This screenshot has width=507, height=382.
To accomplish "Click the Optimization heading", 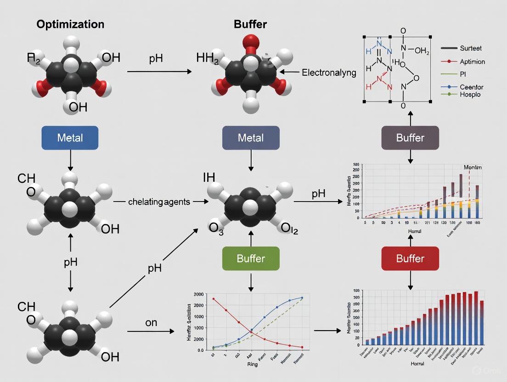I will (x=70, y=24).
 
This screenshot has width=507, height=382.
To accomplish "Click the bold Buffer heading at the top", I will (x=250, y=24).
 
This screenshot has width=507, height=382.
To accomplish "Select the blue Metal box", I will (x=70, y=138).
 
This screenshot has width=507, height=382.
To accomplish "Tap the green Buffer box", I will (x=251, y=258).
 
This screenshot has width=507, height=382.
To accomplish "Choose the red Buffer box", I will (x=410, y=258).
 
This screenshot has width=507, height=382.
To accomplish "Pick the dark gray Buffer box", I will (x=410, y=138).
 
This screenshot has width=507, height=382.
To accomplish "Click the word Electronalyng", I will (x=329, y=72).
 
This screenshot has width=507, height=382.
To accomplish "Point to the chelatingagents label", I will (x=159, y=202).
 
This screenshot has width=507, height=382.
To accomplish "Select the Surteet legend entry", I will (x=470, y=48).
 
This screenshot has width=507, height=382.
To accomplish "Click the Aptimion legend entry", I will (x=472, y=61).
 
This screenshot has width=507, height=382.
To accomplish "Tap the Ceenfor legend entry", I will (x=471, y=87).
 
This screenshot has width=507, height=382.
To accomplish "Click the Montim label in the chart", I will (x=472, y=168).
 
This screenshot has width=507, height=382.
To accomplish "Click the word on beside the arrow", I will (x=151, y=323).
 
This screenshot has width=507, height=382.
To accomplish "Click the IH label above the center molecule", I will (x=209, y=177).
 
